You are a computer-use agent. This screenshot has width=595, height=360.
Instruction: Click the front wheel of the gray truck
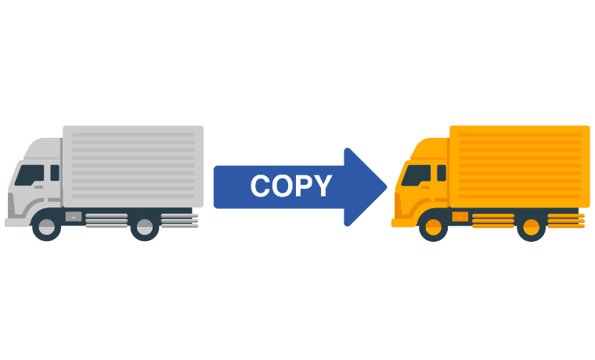point(47,226)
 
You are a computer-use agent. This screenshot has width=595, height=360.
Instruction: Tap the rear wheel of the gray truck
point(145,226)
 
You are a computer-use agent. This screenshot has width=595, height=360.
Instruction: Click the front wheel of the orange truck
point(434,226)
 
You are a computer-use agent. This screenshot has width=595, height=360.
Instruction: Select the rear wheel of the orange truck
point(532,226)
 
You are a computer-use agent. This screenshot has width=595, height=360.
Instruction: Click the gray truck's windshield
point(30,175)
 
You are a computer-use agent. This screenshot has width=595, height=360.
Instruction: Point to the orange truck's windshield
point(416,175)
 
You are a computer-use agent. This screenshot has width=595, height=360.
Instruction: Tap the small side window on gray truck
point(55,173)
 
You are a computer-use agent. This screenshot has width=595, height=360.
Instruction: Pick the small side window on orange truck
point(442,173)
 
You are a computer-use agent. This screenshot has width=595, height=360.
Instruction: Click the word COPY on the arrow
point(291,186)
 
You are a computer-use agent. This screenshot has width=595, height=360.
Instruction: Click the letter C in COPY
point(260,186)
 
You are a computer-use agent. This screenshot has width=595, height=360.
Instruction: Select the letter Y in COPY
point(323,186)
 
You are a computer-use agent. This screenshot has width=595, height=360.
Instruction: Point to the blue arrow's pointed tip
point(386,187)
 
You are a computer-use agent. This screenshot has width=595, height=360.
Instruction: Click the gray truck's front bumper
point(17,223)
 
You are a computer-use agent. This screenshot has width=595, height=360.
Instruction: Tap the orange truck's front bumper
point(404,223)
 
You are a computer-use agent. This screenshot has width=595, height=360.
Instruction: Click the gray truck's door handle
point(38,187)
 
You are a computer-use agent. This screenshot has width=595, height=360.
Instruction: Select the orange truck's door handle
point(425,187)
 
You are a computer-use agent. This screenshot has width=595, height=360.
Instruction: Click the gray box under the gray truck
point(74,217)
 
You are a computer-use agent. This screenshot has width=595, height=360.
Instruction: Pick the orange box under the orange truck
point(460,217)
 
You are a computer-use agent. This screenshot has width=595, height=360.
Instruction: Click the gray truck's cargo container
point(133,167)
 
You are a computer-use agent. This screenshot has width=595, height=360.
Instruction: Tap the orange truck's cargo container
point(520,167)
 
